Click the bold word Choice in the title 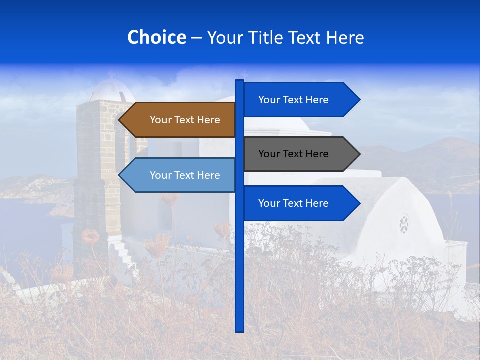click(x=157, y=37)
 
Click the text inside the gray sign click(x=293, y=154)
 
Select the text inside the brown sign click(x=185, y=120)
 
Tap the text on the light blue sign click(x=185, y=175)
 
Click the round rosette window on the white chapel click(x=404, y=224)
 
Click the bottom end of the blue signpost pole click(x=239, y=330)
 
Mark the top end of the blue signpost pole click(x=239, y=81)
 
